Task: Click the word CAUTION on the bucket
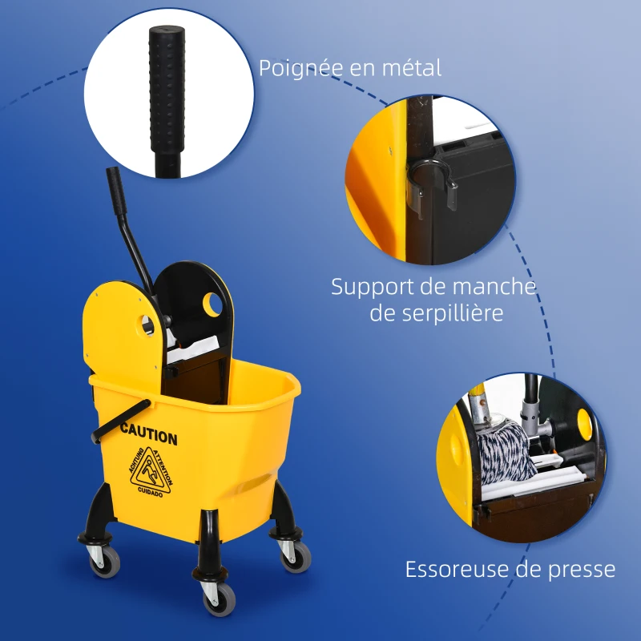pos(149,437)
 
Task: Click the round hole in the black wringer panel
pos(213,304)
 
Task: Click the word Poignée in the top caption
pos(302,68)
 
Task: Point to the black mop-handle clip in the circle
pos(433,180)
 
